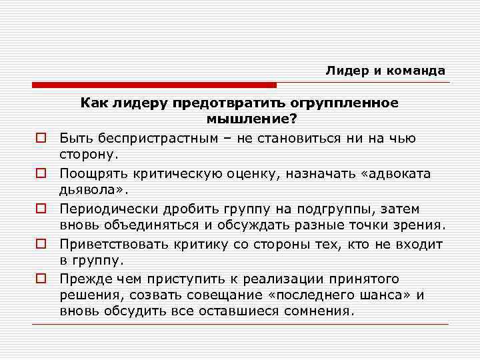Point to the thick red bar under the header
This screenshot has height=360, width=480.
154,85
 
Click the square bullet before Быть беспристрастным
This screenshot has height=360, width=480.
40,139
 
